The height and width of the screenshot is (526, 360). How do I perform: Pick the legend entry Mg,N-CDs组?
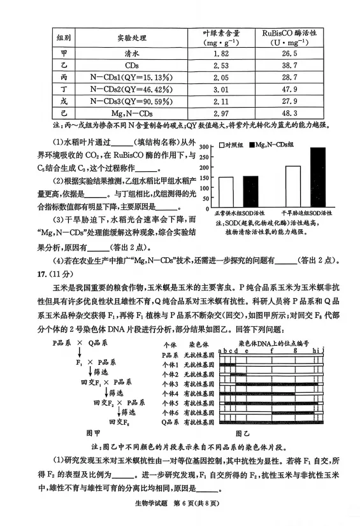pos(276,145)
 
